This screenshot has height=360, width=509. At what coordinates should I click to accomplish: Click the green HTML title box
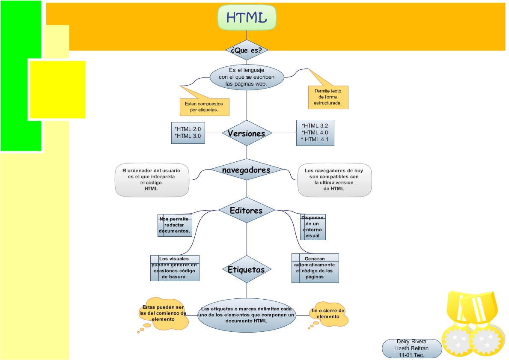[247, 18]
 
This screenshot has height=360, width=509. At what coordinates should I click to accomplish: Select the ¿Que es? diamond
[247, 50]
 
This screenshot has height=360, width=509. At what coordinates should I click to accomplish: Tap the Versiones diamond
[247, 133]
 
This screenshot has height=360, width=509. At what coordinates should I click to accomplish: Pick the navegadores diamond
[247, 170]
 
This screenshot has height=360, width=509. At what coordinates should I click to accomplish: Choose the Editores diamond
[247, 210]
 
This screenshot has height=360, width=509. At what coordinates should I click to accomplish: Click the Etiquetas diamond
[247, 269]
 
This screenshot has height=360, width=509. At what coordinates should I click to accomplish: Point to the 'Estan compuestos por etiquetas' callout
[205, 107]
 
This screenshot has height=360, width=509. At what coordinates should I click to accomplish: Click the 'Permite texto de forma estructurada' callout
[328, 97]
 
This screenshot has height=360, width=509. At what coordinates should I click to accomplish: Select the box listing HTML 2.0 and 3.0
[188, 133]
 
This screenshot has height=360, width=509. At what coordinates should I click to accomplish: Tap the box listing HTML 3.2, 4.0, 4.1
[315, 133]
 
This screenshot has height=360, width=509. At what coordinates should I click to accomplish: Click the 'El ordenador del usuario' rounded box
[152, 179]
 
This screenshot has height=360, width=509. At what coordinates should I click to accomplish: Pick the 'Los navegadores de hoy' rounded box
[334, 179]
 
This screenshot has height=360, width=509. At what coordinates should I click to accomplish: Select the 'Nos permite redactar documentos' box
[175, 225]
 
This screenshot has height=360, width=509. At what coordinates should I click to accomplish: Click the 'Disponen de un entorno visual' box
[313, 227]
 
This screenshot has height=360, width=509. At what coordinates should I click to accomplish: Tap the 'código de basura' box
[175, 268]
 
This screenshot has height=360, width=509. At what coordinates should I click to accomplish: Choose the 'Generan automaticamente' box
[315, 268]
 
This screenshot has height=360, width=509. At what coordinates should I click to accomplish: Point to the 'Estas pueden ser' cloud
[163, 313]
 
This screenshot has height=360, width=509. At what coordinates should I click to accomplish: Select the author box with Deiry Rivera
[411, 348]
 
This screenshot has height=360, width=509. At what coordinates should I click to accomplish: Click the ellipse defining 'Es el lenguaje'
[247, 77]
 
